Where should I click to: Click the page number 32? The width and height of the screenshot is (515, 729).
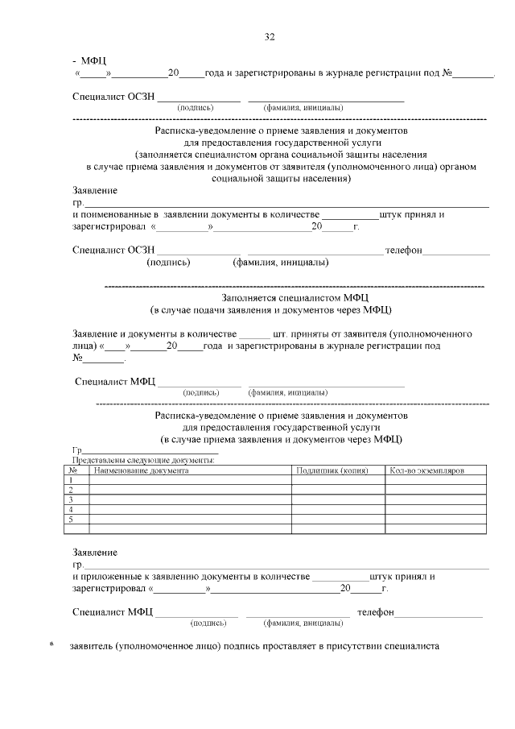pos(270,37)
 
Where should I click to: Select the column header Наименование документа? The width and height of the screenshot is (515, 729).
pos(142,470)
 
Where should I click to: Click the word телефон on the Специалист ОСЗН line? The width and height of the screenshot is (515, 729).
pos(403,251)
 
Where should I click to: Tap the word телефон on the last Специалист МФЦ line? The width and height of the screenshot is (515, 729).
pos(376,613)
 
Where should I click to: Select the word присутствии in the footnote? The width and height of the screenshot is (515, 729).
pos(354,646)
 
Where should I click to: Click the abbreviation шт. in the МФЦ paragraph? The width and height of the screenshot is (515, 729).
pos(281,333)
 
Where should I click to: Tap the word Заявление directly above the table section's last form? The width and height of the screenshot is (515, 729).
pos(95,553)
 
